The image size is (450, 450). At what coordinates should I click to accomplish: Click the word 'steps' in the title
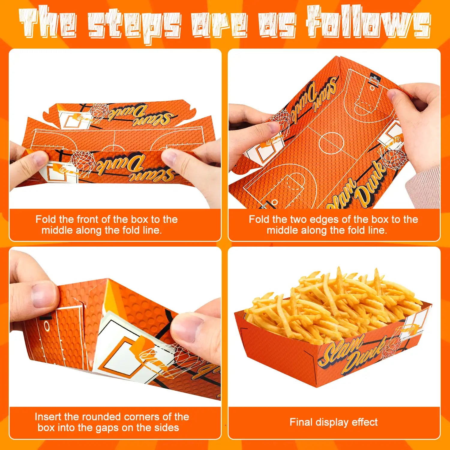135,25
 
